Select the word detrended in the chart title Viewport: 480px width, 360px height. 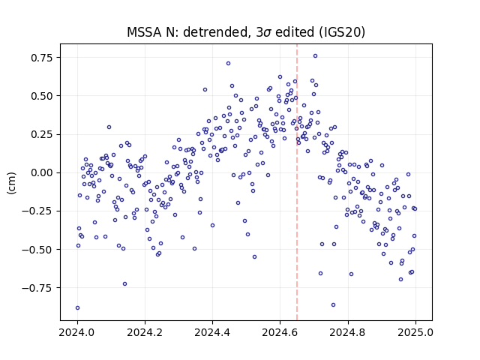(215, 32)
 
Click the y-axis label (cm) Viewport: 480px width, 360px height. (12, 183)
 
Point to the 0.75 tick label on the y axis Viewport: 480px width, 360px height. (42, 58)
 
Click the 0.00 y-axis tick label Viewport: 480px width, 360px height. (42, 172)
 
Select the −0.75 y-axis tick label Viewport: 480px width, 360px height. (37, 288)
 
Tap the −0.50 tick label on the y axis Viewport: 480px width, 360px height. (37, 250)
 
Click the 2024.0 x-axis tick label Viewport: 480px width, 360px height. (77, 332)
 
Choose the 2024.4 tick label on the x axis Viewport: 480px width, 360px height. (212, 332)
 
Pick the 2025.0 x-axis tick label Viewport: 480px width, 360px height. (415, 332)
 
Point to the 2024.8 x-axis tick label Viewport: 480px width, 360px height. (348, 332)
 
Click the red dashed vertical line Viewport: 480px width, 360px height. (297, 182)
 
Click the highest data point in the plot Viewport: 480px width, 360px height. (315, 56)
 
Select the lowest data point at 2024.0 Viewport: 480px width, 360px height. (77, 307)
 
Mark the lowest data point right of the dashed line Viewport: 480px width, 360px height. (333, 305)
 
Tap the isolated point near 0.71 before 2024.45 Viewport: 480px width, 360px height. (228, 63)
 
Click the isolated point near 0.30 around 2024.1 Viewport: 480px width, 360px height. (109, 127)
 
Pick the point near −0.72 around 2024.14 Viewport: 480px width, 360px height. (124, 283)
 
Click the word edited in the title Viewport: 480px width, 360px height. (295, 32)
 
